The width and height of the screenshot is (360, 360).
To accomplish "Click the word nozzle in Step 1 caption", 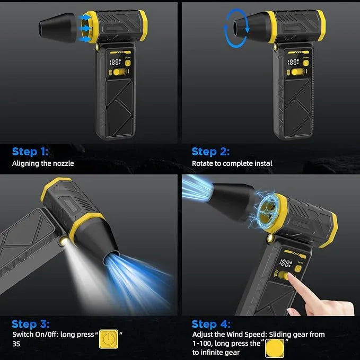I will (63, 163).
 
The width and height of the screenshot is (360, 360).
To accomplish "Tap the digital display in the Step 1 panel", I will (113, 62).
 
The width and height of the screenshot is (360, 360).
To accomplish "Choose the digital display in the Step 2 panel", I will (293, 62).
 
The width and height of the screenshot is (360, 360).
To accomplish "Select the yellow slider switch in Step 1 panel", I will (121, 72).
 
